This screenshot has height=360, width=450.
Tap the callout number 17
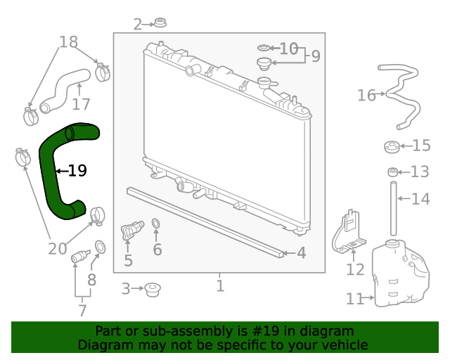pyautogui.click(x=81, y=104)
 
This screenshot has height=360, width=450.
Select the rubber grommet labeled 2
pyautogui.click(x=160, y=22)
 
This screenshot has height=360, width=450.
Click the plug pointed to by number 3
pyautogui.click(x=153, y=290)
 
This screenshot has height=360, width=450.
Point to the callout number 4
pyautogui.click(x=301, y=253)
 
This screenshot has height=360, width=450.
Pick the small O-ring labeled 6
pyautogui.click(x=155, y=224)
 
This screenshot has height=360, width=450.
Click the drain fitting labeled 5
pyautogui.click(x=132, y=230)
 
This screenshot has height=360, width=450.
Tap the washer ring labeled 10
pyautogui.click(x=264, y=48)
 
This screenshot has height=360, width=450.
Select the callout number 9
pyautogui.click(x=316, y=56)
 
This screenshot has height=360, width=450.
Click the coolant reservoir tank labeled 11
pyautogui.click(x=400, y=273)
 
